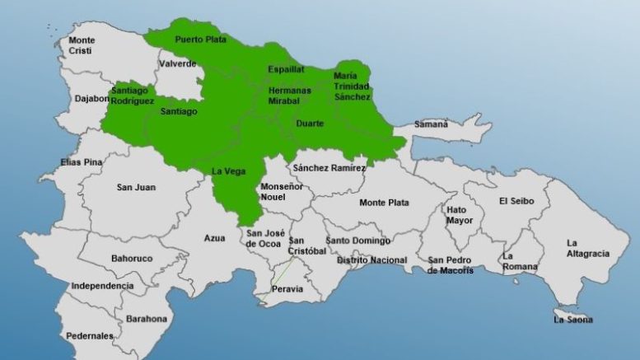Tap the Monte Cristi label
(82, 45)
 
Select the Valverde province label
(178, 63)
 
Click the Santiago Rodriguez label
(131, 96)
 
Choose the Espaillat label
(286, 69)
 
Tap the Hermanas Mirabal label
(290, 95)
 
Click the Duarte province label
(309, 124)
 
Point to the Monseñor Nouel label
(282, 193)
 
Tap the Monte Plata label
(384, 202)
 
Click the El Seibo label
(516, 201)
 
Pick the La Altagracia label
(587, 248)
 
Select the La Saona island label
(572, 319)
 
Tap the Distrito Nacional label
(371, 260)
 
